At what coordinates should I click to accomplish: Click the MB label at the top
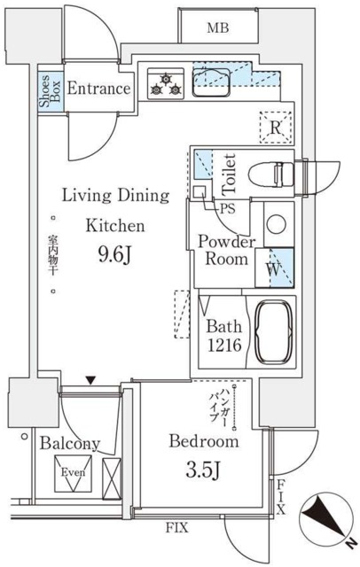coord(218,27)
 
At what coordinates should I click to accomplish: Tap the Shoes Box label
coord(50,91)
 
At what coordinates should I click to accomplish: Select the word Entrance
coord(98,89)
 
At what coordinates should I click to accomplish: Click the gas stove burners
coord(166,83)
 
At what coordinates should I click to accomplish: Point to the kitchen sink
coord(211,82)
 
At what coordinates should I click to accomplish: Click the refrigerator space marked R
coord(276,128)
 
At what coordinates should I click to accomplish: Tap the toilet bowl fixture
coord(271,174)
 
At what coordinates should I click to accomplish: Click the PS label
coord(228,209)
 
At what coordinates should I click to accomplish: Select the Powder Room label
coord(226,250)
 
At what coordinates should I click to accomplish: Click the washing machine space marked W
coord(274,268)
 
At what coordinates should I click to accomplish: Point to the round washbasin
coord(277,224)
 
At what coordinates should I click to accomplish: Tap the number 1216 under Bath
coord(224,345)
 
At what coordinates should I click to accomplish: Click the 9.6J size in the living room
coord(113,256)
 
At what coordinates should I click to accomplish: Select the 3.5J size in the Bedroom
coord(202,470)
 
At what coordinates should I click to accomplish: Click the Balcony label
coord(70,443)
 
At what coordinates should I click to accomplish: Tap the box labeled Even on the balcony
coord(73,473)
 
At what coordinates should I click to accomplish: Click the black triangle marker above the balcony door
coord(90,380)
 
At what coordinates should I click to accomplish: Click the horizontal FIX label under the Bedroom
coord(177,528)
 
